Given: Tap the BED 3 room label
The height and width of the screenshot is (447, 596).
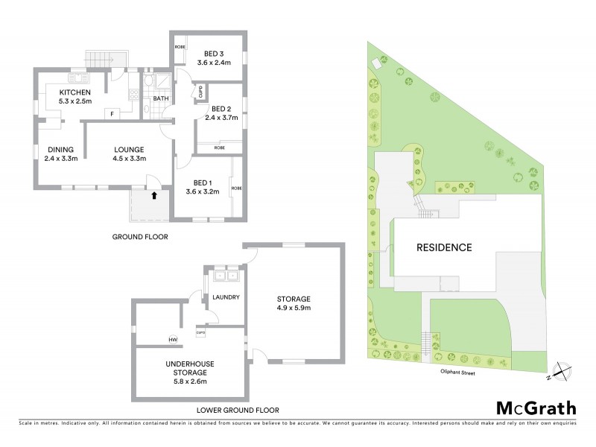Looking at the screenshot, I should pos(214,54).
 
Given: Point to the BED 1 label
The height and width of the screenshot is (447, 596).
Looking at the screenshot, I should pos(203,183).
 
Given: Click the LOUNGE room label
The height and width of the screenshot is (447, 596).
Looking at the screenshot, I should pos(128,149).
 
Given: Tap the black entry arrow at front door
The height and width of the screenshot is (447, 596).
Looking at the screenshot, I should pos(154,197).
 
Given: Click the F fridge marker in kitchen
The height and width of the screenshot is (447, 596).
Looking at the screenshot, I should pos(112,113).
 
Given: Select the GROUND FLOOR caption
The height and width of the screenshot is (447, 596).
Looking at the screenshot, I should pos(140,237).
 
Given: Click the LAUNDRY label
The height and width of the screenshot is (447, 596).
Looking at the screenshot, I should pos(226,297).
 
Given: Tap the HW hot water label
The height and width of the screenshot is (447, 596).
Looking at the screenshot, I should pos(173,340).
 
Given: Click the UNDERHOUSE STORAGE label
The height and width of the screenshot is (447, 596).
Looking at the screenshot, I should pos(191,368).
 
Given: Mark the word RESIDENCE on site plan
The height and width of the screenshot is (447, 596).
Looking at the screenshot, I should pos(443,247).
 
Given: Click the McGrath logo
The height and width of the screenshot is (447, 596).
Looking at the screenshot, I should pos(536,408).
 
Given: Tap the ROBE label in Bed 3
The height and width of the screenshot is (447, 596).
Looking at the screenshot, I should pos(180,47).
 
